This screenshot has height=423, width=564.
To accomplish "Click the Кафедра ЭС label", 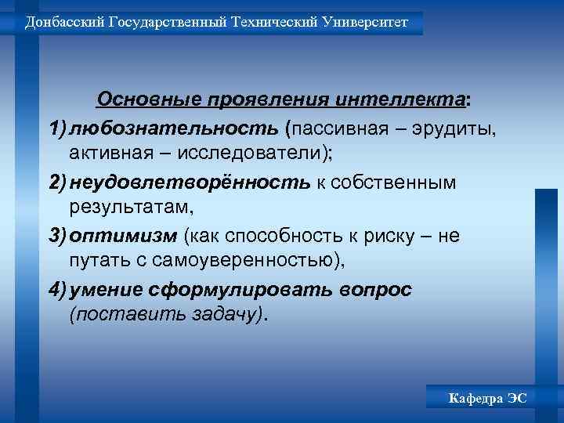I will (488, 399).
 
